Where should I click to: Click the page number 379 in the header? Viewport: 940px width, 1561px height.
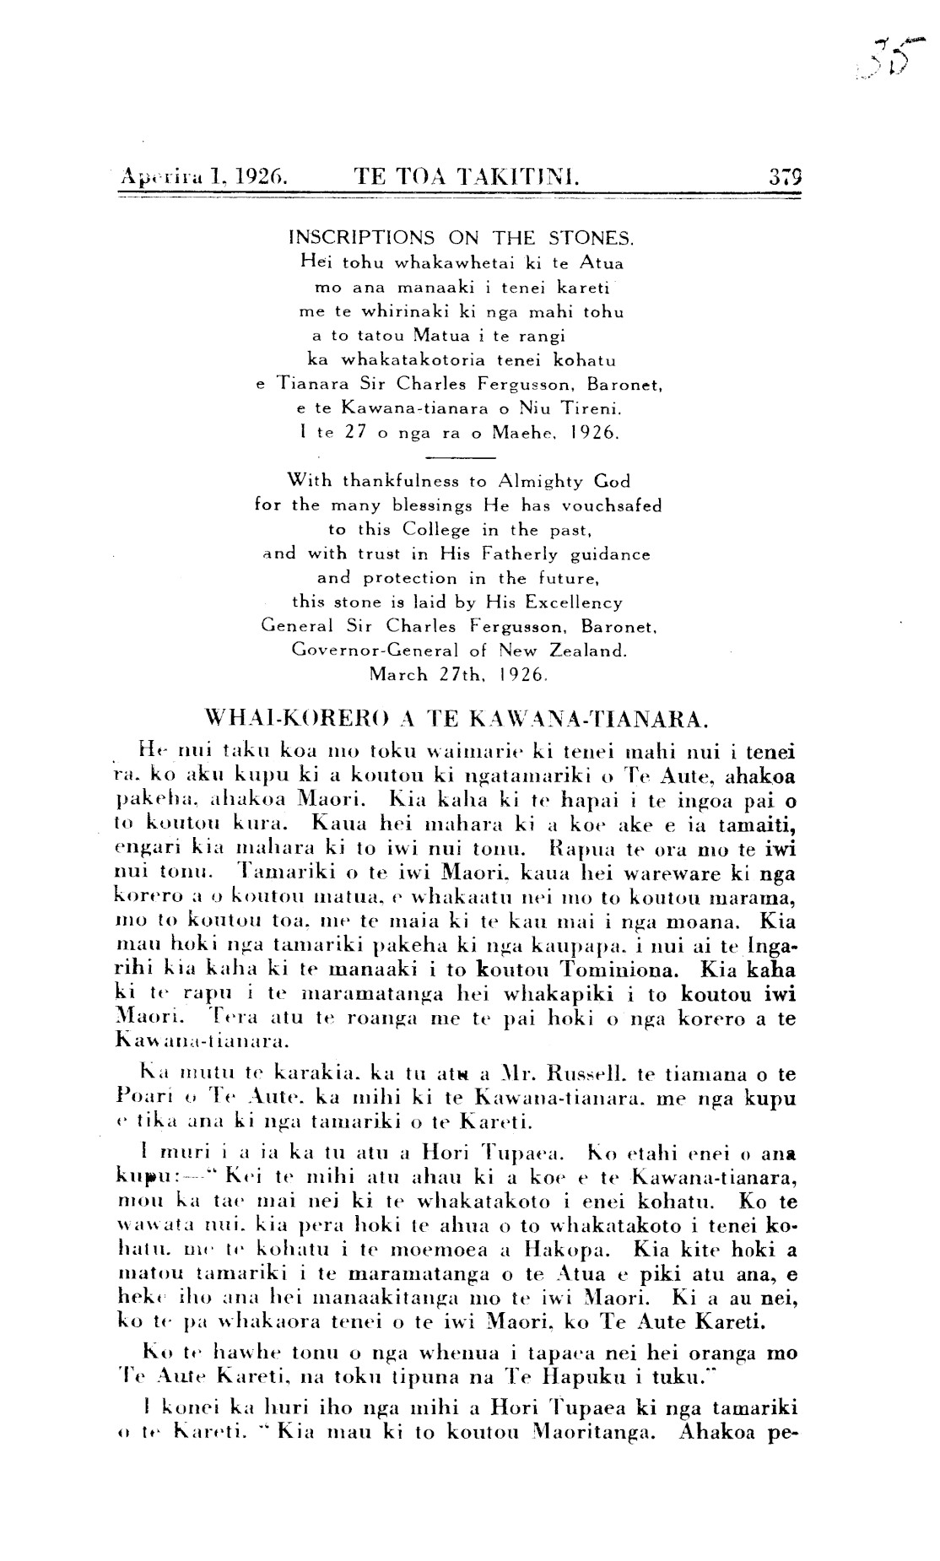pyautogui.click(x=784, y=177)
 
